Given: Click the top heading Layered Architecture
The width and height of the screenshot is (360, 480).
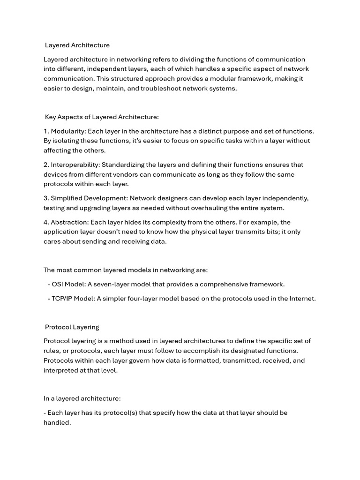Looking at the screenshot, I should click(x=77, y=45).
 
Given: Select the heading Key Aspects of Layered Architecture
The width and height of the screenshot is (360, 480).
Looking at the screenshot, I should click(x=102, y=117).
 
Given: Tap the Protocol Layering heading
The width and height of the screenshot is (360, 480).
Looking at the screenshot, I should click(x=72, y=327).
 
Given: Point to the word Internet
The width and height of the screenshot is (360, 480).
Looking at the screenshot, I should click(x=303, y=299).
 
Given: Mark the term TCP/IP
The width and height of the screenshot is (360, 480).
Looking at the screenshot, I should click(x=61, y=299).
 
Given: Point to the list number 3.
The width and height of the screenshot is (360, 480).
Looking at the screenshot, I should click(x=46, y=198).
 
